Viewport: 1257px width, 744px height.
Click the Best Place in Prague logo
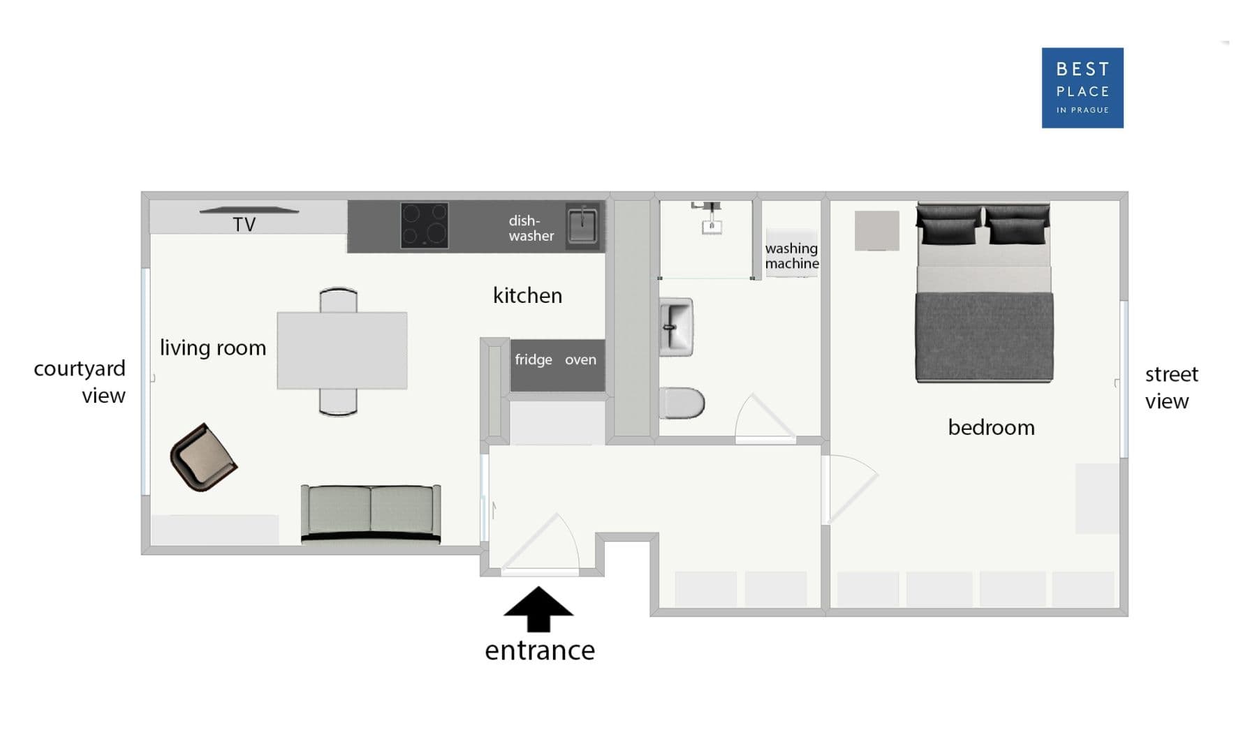[x=1082, y=87]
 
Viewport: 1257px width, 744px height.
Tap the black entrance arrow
[x=538, y=609]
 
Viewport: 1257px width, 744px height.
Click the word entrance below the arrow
[x=539, y=650]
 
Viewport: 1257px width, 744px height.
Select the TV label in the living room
[x=244, y=224]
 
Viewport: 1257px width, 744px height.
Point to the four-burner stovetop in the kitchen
[x=424, y=225]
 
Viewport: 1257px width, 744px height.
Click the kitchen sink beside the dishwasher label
[x=582, y=225]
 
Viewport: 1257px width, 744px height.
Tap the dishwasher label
[x=531, y=228]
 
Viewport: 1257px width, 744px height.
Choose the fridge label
[x=533, y=359]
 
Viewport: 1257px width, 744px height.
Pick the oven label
[x=580, y=359]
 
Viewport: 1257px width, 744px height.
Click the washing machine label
[x=791, y=255]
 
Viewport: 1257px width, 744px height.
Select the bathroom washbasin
[x=675, y=327]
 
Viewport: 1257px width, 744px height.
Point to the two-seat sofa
[x=370, y=513]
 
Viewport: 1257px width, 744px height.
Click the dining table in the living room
[x=341, y=350]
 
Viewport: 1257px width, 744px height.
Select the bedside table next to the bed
[x=876, y=230]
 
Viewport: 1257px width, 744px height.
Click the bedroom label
[x=990, y=427]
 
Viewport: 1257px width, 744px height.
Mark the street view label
[x=1170, y=387]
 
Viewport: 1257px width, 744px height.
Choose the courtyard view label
[x=80, y=381]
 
